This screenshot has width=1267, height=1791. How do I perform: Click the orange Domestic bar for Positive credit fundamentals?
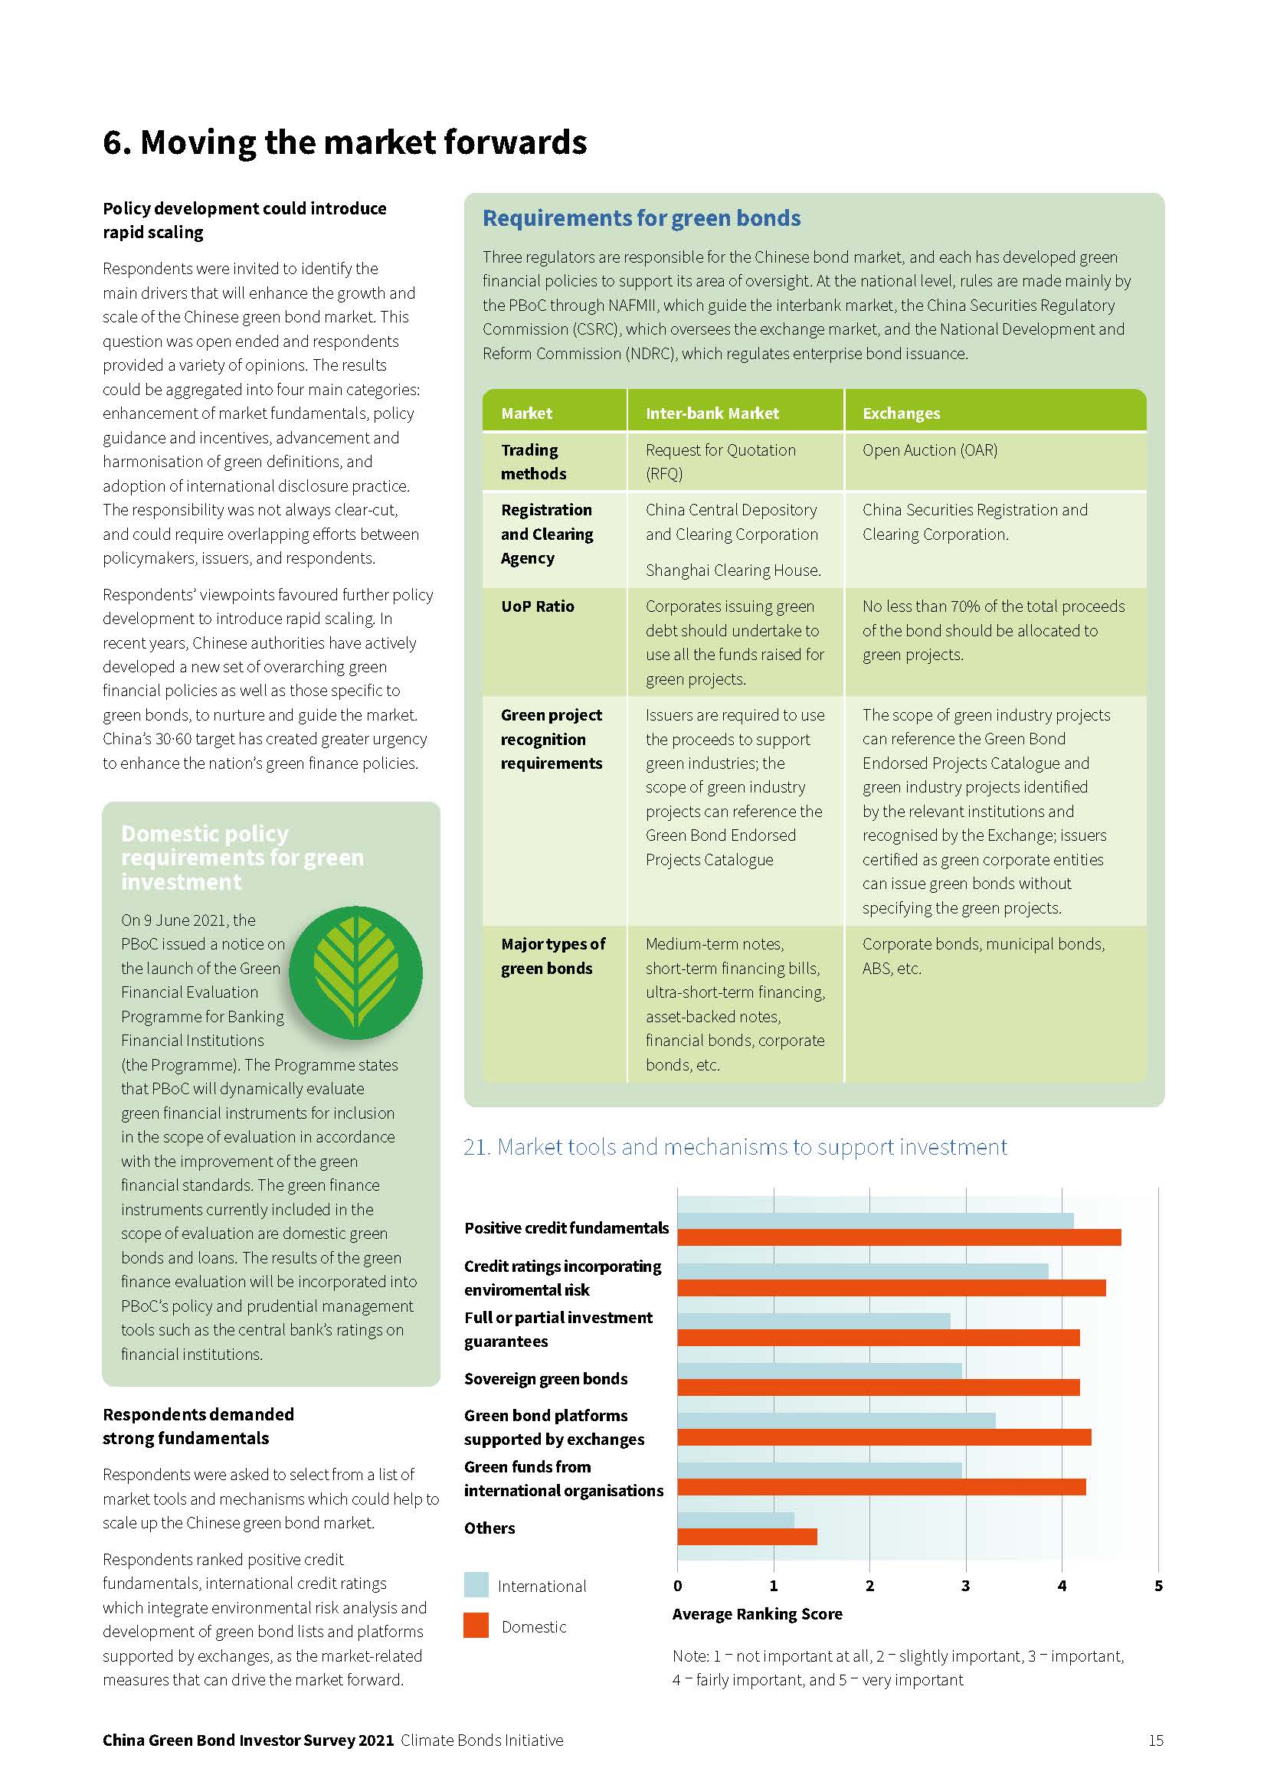pyautogui.click(x=899, y=1237)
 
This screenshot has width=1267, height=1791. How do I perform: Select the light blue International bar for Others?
pyautogui.click(x=735, y=1519)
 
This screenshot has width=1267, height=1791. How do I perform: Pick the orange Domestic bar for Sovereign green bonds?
pyautogui.click(x=879, y=1387)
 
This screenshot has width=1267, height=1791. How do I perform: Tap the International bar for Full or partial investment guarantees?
pyautogui.click(x=814, y=1321)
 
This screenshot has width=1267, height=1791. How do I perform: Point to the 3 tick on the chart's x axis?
pyautogui.click(x=966, y=1585)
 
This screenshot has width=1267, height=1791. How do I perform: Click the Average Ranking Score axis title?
pyautogui.click(x=757, y=1614)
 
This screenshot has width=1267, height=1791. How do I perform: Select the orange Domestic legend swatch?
pyautogui.click(x=476, y=1625)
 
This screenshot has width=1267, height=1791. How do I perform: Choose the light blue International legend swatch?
pyautogui.click(x=476, y=1584)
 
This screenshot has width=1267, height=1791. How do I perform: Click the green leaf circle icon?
pyautogui.click(x=355, y=972)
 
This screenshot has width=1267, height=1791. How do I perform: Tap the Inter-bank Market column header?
pyautogui.click(x=712, y=413)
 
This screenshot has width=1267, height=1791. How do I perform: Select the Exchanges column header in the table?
pyautogui.click(x=901, y=413)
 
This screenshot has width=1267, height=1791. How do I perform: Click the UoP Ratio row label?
pyautogui.click(x=538, y=606)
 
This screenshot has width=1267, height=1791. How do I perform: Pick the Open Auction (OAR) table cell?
pyautogui.click(x=929, y=450)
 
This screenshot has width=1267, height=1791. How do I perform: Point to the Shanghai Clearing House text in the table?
pyautogui.click(x=732, y=570)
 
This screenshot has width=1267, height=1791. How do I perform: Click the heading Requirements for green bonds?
pyautogui.click(x=641, y=218)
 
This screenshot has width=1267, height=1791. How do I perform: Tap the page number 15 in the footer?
pyautogui.click(x=1155, y=1740)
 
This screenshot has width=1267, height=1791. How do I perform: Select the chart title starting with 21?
pyautogui.click(x=735, y=1147)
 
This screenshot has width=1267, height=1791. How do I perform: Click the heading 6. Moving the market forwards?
pyautogui.click(x=344, y=142)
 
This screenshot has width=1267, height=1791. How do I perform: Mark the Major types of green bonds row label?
pyautogui.click(x=552, y=956)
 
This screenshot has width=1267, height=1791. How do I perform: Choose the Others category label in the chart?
pyautogui.click(x=489, y=1528)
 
